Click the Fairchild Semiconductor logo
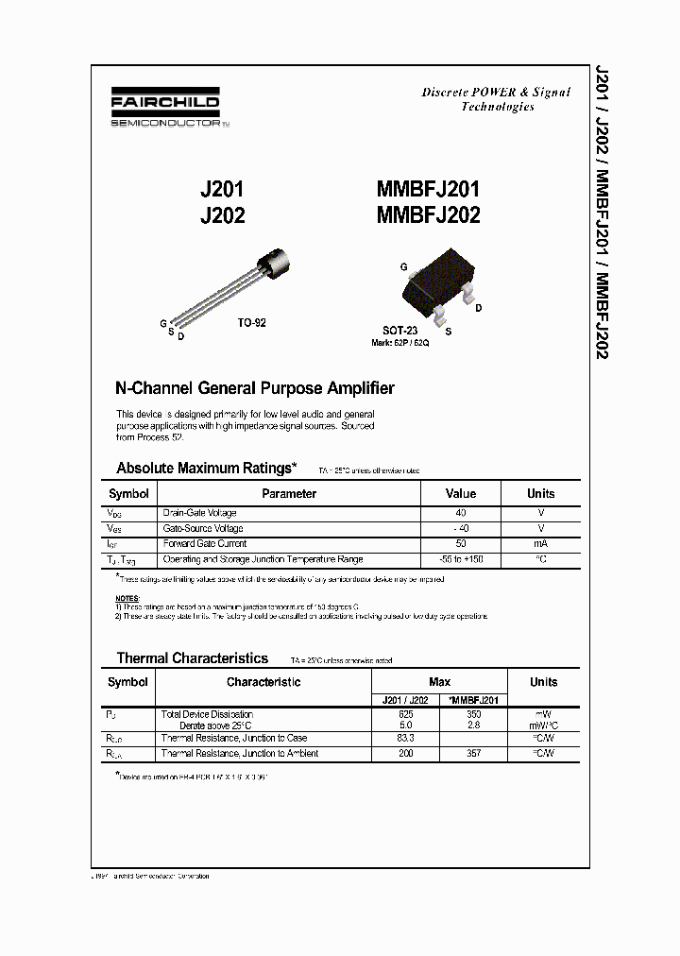point(165,109)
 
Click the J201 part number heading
point(222,190)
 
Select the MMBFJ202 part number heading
point(429,215)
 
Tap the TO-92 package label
point(251,323)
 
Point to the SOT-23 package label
point(399,331)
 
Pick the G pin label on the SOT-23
point(403,268)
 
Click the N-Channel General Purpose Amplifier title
point(254,388)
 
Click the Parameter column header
point(289,493)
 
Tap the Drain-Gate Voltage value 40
point(461,512)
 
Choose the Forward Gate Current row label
point(205,543)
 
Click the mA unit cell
point(541,543)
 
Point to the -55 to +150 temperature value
point(461,559)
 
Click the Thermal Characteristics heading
point(193,658)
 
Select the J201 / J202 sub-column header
point(405,700)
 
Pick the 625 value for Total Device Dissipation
point(405,714)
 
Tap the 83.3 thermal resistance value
point(405,738)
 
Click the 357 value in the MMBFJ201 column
point(474,753)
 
